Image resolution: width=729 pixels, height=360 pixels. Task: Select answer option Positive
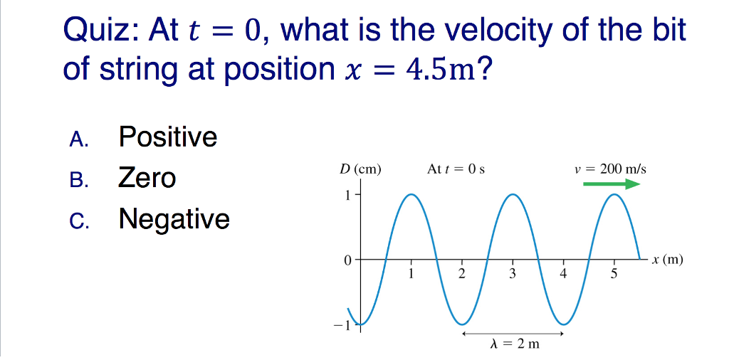[168, 136]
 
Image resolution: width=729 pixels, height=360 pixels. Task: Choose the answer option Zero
[147, 177]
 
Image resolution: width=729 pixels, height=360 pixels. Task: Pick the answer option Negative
[174, 218]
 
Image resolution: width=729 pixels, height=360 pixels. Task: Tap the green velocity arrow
[612, 184]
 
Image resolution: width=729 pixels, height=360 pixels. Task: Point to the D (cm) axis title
[360, 169]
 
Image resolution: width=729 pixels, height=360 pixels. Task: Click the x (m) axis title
[667, 260]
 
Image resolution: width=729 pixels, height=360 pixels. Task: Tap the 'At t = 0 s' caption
[456, 169]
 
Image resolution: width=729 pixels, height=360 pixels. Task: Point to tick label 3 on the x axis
[512, 274]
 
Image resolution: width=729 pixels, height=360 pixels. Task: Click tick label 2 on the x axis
[461, 274]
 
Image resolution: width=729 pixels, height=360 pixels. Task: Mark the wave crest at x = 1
[411, 194]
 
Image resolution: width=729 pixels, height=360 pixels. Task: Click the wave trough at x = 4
[564, 324]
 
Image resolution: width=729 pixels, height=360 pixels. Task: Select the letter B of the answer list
[78, 179]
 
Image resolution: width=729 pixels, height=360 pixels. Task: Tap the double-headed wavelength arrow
[513, 332]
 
